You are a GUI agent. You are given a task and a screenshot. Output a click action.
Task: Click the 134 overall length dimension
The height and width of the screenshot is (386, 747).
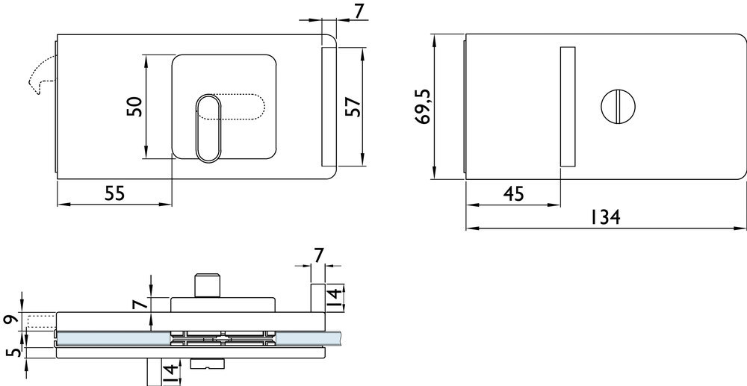[606, 217]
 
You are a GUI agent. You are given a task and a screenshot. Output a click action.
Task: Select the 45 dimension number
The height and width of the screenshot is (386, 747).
[514, 194]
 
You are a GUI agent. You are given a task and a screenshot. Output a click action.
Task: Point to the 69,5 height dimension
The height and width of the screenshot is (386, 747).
[424, 107]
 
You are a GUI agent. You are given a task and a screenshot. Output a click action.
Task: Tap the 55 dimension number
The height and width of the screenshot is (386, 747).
[114, 193]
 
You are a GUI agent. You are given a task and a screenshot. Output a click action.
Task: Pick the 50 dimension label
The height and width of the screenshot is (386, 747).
[134, 107]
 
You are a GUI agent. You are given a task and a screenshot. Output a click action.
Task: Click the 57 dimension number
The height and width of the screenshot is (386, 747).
[353, 107]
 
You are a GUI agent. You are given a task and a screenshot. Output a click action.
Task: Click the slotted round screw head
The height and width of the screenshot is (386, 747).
[619, 106]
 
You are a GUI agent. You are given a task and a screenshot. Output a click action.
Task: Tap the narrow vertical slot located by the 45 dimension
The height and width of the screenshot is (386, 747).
[568, 106]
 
